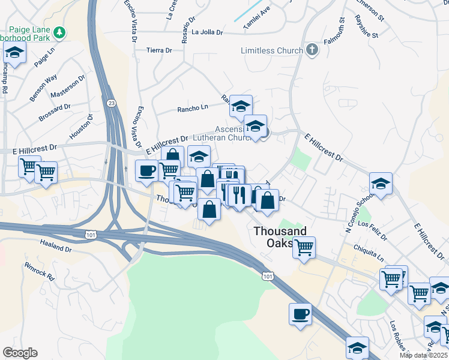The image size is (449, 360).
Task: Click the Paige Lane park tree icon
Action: [x=59, y=32]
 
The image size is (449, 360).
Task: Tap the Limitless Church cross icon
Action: [x=312, y=50]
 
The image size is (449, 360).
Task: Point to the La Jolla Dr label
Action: [x=208, y=32]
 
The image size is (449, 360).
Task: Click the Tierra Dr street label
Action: [x=160, y=50]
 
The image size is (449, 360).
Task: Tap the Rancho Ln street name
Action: [x=192, y=109]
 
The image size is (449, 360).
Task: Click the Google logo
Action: [x=20, y=353]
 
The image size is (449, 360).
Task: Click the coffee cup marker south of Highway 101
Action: [x=300, y=314]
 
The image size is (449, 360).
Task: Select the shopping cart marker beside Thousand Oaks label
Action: [x=304, y=247]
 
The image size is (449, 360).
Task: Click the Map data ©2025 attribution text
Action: [x=423, y=355]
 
